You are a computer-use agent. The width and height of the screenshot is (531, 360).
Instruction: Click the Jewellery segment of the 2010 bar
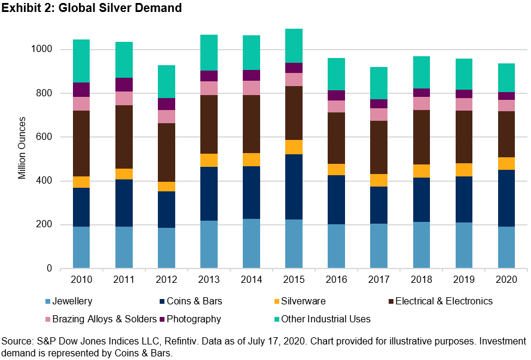point(81,247)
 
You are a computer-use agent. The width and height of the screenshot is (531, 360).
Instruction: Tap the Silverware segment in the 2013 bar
point(209,160)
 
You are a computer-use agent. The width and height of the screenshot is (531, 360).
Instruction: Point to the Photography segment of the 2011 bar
point(124,84)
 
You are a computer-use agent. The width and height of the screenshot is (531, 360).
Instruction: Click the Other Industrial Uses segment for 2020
point(506,78)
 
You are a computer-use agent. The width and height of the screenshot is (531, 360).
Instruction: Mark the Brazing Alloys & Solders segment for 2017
point(379,114)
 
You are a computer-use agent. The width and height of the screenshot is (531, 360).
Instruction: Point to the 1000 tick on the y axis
point(44,49)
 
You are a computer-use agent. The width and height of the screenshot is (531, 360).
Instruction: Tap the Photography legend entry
point(194,319)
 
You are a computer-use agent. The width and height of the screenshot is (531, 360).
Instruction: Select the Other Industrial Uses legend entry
point(325,319)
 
